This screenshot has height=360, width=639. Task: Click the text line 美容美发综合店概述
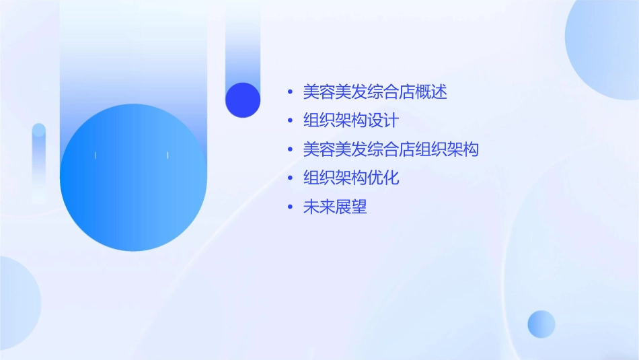375,92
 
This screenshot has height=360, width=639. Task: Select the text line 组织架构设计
350,121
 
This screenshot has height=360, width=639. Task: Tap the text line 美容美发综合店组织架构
391,149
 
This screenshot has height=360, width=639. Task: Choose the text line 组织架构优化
351,178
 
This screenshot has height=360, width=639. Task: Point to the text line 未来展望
335,207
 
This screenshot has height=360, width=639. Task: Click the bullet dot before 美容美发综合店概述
290,92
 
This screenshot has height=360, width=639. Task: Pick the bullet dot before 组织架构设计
290,121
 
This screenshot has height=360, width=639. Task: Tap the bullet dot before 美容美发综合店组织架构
290,149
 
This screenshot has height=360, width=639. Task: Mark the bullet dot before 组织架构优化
290,178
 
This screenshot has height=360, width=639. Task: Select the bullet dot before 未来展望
290,207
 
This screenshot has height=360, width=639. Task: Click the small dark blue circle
243,100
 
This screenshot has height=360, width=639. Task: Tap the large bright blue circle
133,178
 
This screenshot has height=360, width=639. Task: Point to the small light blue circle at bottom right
541,324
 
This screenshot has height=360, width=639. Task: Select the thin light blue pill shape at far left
39,161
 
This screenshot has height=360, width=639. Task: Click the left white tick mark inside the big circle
96,155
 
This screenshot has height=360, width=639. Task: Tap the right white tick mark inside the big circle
167,155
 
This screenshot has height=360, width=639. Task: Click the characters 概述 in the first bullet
431,92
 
